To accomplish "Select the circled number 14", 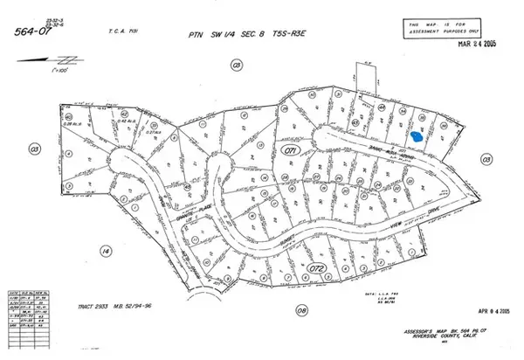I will click(107, 252).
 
